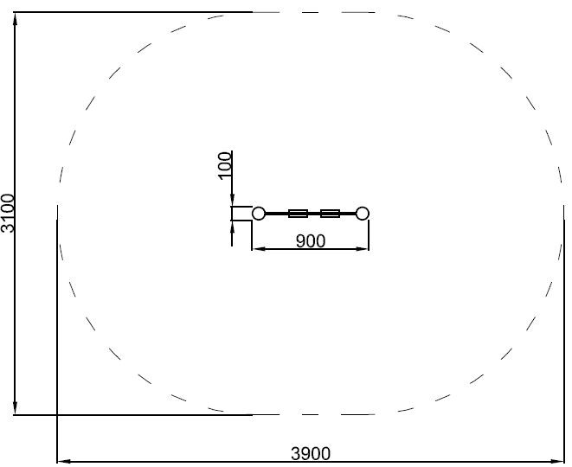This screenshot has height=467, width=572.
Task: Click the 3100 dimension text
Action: tap(8, 213)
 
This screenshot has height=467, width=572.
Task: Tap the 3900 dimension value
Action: tap(311, 454)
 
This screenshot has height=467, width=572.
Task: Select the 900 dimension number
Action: tap(311, 241)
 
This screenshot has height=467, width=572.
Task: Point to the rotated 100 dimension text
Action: tap(225, 165)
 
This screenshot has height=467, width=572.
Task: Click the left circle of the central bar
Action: tap(259, 214)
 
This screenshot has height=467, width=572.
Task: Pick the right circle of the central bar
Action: tap(363, 214)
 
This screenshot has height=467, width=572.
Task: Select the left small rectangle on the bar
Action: tap(298, 214)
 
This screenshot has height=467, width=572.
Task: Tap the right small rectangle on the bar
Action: tap(331, 214)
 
